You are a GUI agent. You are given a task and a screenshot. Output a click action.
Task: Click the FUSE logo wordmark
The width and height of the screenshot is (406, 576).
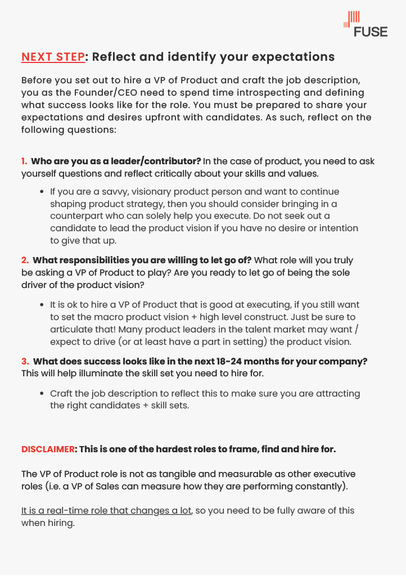click(x=371, y=32)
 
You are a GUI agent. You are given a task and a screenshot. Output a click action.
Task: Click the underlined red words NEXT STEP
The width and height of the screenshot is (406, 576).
click(x=53, y=57)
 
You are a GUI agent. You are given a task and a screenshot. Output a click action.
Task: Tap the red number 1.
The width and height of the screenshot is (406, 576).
click(x=24, y=161)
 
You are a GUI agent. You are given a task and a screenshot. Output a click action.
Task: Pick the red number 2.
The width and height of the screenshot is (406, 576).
click(x=25, y=260)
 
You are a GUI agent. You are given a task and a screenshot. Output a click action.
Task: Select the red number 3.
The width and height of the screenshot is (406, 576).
click(x=25, y=361)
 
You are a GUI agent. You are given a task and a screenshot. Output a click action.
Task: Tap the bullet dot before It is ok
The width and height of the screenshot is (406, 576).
click(x=42, y=305)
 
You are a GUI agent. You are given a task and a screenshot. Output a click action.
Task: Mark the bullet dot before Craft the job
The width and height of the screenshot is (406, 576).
click(x=42, y=394)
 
